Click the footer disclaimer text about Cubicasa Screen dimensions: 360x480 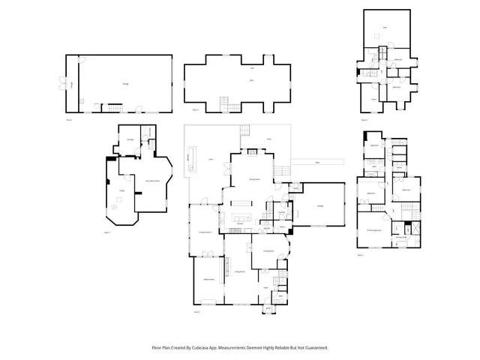click(240, 347)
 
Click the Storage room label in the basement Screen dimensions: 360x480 click(130, 139)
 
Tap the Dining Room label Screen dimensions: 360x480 click(268, 251)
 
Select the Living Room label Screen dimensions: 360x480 click(240, 271)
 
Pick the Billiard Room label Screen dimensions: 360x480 click(208, 279)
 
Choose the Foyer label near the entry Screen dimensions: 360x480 click(265, 287)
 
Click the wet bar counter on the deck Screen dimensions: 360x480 click(195, 158)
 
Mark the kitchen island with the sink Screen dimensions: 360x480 click(241, 202)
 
